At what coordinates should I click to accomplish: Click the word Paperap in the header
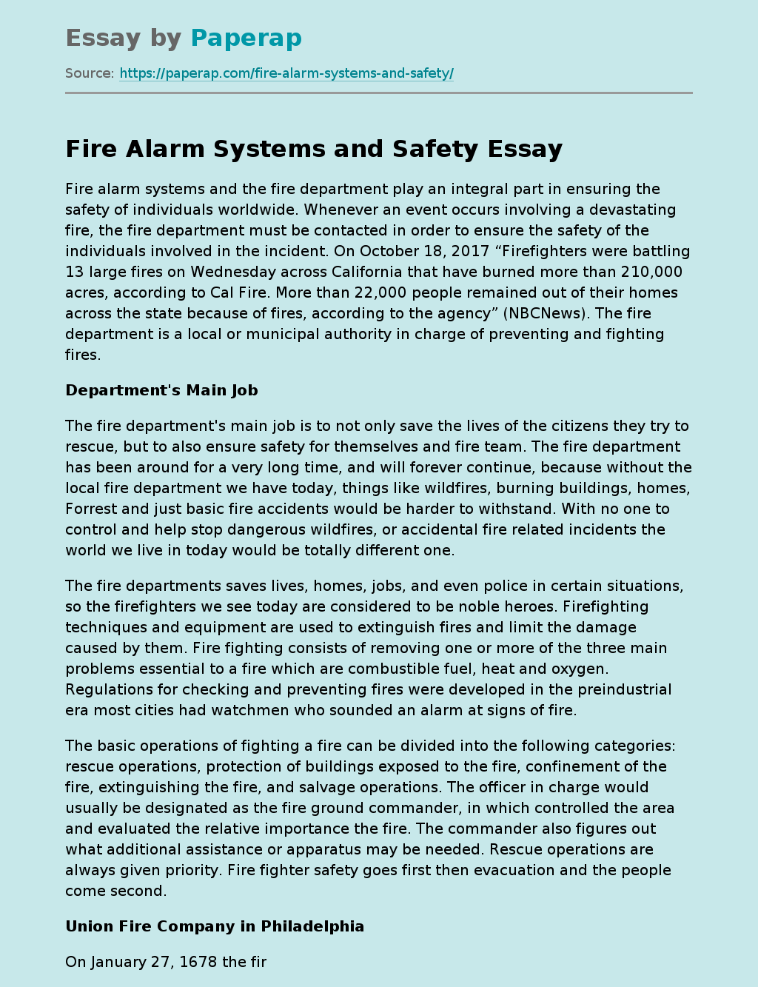coord(246,38)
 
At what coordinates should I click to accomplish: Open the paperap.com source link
coord(286,73)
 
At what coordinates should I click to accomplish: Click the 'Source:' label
coord(90,73)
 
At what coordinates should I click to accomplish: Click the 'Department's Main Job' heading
coord(161,390)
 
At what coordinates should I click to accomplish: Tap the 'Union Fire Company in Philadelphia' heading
coord(215,926)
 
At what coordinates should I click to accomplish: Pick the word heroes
coord(529,606)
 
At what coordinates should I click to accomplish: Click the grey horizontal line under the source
coord(379,93)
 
